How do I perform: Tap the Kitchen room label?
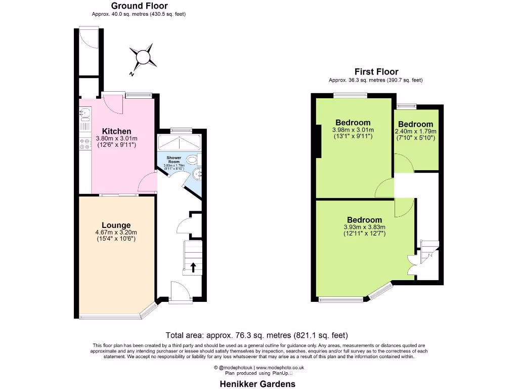click(x=116, y=131)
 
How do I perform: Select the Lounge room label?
click(x=116, y=225)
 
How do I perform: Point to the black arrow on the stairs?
click(x=193, y=267)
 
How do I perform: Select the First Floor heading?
click(x=376, y=72)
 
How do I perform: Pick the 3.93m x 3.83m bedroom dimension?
click(x=364, y=227)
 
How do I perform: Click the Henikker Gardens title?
click(x=257, y=384)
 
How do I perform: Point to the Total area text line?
click(x=257, y=335)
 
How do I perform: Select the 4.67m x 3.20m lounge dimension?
click(x=116, y=232)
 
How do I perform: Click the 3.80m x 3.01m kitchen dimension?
click(x=117, y=139)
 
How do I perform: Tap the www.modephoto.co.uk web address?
click(x=279, y=367)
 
